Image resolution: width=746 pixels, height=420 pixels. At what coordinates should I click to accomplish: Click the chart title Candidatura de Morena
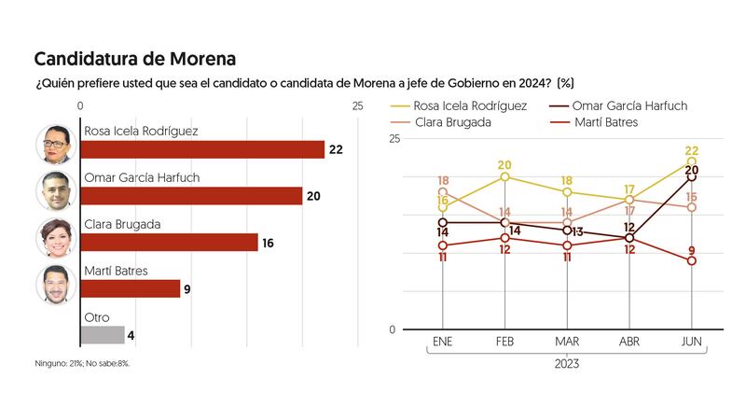135,59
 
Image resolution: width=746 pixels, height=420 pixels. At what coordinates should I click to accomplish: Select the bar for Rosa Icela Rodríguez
203,149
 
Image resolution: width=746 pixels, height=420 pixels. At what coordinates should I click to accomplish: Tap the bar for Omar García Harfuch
192,196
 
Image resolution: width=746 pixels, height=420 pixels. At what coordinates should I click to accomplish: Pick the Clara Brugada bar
170,243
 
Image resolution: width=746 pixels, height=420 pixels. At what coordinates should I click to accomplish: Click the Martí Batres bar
131,288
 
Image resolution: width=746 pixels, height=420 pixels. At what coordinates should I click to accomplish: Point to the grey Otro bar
103,334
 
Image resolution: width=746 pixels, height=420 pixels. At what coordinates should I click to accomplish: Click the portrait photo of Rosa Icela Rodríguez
55,144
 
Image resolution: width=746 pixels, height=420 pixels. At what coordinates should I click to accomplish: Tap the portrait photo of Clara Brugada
55,237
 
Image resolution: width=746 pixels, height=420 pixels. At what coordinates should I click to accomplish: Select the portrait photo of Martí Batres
55,284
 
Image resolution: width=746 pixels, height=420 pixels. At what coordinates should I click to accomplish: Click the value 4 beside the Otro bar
131,335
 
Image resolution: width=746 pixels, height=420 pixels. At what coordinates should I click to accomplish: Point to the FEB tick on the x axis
504,343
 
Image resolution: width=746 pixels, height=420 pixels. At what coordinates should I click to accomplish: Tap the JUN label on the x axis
691,343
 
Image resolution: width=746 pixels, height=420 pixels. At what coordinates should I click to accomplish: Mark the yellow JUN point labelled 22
691,162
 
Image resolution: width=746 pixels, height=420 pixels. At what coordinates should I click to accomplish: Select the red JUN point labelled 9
691,261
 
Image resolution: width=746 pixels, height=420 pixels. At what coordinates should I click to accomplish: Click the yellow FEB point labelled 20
504,176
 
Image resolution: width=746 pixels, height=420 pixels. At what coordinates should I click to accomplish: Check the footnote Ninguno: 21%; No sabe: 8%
81,362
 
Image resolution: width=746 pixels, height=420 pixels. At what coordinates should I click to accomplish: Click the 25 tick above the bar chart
358,107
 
